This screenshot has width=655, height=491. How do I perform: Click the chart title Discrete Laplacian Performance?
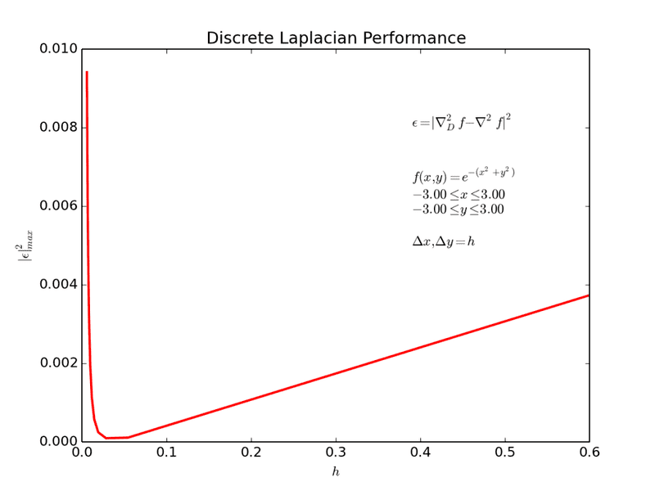point(336,38)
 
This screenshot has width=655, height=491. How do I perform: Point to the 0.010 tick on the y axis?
point(59,49)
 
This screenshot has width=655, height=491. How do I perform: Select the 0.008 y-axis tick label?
point(59,128)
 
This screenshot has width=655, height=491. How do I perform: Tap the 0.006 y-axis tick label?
point(59,206)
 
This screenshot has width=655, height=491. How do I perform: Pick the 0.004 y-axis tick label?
point(59,285)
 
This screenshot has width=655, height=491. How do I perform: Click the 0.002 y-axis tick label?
point(59,363)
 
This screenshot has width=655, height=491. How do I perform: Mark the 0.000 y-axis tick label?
point(59,442)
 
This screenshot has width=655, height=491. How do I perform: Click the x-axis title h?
point(336,472)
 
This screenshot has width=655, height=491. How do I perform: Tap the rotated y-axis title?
point(25,245)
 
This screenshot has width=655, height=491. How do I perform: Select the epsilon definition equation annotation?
point(461,122)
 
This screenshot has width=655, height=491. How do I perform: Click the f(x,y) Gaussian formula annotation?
point(463,175)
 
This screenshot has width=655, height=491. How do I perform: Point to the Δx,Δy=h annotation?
point(443,241)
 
